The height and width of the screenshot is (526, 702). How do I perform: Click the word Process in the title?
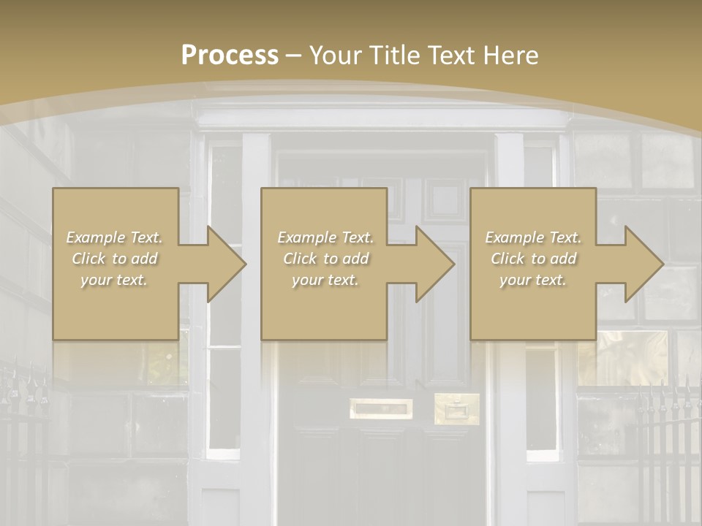[230, 56]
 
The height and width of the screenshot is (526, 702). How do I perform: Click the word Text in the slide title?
[450, 56]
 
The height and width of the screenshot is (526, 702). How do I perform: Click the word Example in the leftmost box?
[95, 237]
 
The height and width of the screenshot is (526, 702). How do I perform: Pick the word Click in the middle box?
[300, 259]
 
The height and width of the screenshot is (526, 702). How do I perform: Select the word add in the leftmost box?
[145, 259]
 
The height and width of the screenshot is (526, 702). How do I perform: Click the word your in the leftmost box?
[95, 280]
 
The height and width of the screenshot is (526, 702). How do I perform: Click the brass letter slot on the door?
[380, 408]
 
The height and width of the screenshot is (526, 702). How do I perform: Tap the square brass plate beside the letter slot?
[457, 408]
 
